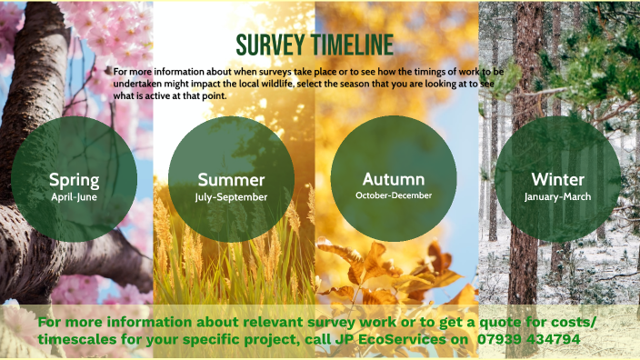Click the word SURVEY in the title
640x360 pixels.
[x=267, y=45]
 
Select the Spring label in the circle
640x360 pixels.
[x=75, y=179]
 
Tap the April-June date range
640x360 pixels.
[x=75, y=195]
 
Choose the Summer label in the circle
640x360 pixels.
[x=231, y=179]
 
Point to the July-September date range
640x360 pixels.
[x=231, y=196]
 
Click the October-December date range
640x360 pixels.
[x=394, y=195]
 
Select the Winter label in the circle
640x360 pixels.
[x=557, y=179]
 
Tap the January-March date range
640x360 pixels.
[x=557, y=196]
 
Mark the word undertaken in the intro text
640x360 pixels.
[x=139, y=83]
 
